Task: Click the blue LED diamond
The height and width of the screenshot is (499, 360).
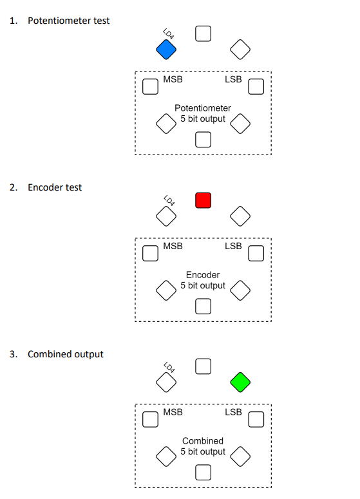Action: click(166, 48)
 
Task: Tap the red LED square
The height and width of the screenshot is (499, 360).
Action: click(203, 200)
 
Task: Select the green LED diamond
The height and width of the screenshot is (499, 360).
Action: click(240, 382)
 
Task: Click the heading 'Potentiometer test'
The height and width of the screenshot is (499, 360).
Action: click(68, 21)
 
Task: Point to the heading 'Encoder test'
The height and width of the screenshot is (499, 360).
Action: click(55, 187)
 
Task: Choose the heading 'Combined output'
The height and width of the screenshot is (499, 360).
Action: click(65, 354)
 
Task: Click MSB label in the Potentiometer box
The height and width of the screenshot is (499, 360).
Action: click(173, 79)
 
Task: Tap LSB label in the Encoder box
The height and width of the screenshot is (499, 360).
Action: click(233, 246)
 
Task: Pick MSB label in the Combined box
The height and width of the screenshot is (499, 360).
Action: click(173, 412)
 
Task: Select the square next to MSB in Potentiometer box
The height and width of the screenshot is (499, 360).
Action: click(150, 86)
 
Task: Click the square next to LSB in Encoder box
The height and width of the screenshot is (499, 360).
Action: click(256, 253)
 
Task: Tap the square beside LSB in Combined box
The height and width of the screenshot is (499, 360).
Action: click(256, 420)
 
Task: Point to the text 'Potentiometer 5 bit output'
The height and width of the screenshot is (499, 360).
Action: click(203, 113)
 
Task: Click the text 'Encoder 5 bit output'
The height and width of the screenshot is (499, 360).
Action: click(203, 280)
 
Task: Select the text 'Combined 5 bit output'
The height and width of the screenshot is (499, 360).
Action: click(203, 446)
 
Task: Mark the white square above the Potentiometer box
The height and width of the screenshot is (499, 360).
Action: click(203, 33)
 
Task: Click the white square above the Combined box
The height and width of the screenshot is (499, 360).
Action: click(203, 366)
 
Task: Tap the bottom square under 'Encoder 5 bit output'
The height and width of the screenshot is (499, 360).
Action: click(203, 306)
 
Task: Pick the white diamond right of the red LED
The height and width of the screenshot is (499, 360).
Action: click(240, 216)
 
